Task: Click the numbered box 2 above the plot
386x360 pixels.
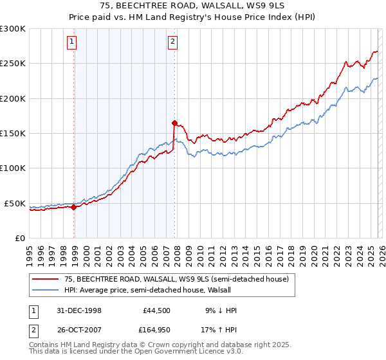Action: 173,42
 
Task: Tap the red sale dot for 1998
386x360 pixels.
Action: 74,207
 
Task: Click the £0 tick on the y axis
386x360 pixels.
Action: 19,238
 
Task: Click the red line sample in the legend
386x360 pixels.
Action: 46,280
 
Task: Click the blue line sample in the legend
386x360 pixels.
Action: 46,291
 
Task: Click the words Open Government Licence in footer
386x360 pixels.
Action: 173,353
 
